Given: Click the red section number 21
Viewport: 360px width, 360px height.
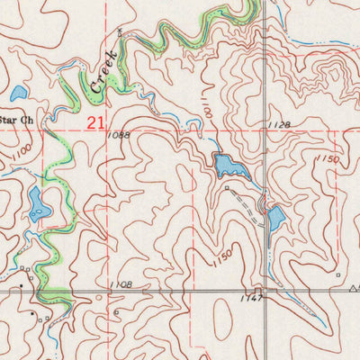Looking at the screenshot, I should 96,120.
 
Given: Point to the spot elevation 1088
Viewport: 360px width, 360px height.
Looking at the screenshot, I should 117,136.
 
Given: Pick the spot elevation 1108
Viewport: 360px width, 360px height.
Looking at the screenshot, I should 120,284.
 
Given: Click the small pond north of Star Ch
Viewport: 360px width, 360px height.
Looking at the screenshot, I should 18,92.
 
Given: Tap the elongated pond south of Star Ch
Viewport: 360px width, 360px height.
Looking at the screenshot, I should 36,205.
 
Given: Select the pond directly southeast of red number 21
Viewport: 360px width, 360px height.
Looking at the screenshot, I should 223,164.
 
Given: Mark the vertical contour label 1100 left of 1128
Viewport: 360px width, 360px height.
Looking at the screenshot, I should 205,113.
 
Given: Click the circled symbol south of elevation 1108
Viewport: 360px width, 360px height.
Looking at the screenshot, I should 117,312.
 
